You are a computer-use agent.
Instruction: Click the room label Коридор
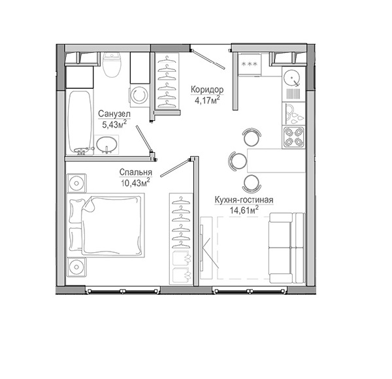(x=207, y=90)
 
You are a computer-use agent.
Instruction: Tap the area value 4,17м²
(x=207, y=100)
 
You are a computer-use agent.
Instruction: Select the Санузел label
(x=114, y=114)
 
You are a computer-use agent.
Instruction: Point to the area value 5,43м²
(x=114, y=124)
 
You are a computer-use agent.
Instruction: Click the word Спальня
(x=136, y=173)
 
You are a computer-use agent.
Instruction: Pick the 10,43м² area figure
(x=135, y=183)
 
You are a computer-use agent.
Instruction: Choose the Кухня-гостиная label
(x=244, y=200)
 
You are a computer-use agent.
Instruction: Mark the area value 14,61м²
(x=244, y=210)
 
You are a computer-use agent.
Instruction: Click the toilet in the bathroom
(x=112, y=65)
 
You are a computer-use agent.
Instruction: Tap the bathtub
(x=80, y=122)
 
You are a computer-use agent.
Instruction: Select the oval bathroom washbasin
(x=106, y=144)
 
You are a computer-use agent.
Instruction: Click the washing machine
(x=139, y=96)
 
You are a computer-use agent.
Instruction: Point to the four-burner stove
(x=293, y=137)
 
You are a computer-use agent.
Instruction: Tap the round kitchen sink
(x=293, y=78)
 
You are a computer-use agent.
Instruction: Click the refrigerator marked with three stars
(x=250, y=65)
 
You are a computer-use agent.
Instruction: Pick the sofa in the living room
(x=287, y=248)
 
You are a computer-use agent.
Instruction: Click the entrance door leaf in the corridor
(x=208, y=59)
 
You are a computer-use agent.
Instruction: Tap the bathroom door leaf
(x=144, y=139)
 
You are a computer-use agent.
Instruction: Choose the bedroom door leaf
(x=175, y=167)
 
